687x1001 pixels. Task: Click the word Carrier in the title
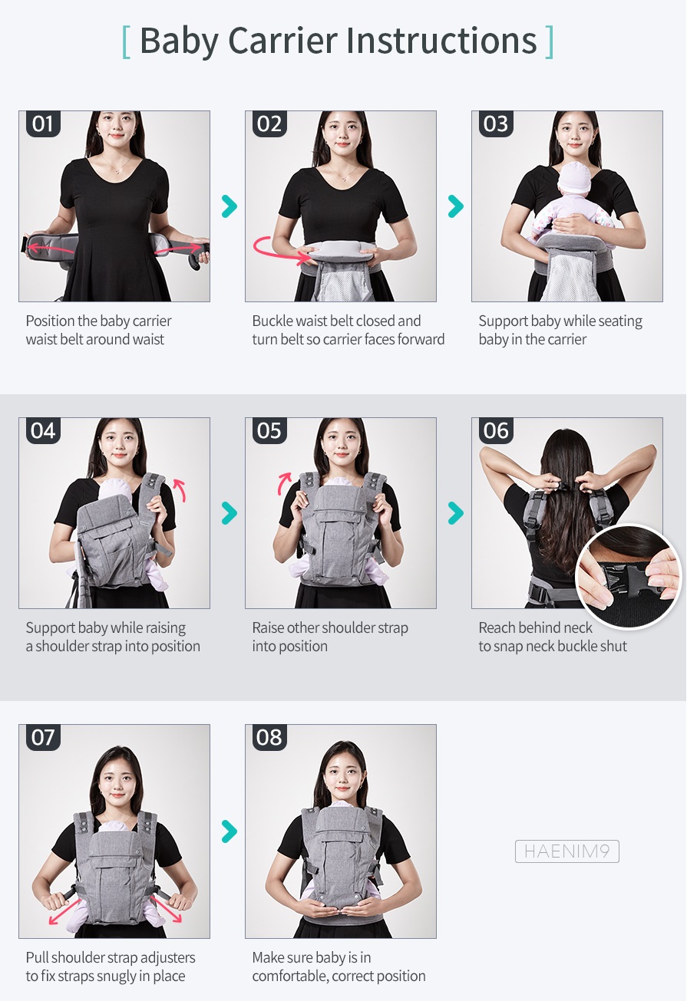[283, 41]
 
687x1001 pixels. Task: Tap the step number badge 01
[43, 123]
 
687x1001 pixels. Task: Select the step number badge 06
[496, 431]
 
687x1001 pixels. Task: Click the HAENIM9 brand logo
[566, 851]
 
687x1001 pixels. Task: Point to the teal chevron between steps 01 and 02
[230, 206]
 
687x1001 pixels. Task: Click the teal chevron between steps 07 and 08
[230, 831]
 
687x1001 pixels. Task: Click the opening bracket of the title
[127, 42]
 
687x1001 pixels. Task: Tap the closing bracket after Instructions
[549, 42]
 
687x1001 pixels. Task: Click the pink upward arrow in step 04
[180, 490]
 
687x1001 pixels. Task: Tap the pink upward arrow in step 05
[285, 483]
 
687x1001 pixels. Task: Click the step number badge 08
[269, 737]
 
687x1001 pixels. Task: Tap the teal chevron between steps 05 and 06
[456, 513]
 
